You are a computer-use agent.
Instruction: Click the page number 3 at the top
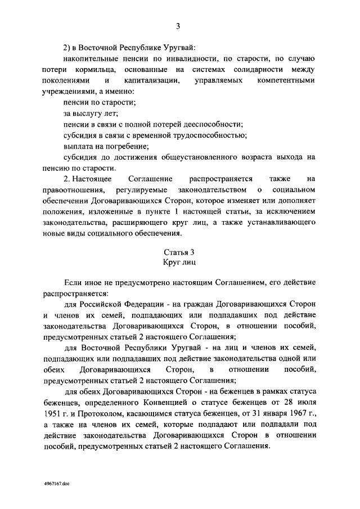point(178,26)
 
